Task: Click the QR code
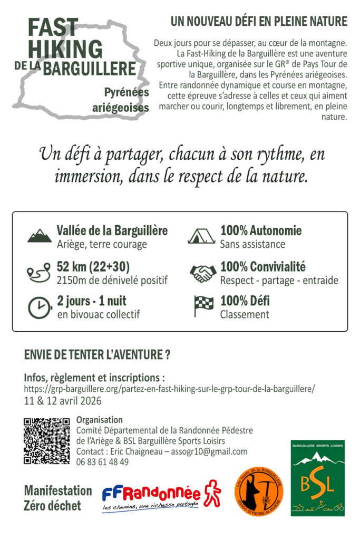(47, 441)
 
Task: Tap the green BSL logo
(317, 478)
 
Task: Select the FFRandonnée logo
(161, 496)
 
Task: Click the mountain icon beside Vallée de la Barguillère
(40, 236)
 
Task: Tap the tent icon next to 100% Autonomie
(201, 235)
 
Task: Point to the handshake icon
(202, 272)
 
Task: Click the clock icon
(37, 308)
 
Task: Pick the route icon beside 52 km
(37, 273)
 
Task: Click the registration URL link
(169, 389)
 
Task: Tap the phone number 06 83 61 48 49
(102, 462)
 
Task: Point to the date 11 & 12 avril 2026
(63, 400)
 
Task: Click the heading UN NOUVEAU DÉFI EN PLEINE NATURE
(259, 22)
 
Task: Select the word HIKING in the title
(65, 49)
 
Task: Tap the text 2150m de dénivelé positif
(112, 280)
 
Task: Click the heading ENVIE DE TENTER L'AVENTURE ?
(97, 355)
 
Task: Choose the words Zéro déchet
(53, 506)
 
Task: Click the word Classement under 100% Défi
(244, 314)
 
